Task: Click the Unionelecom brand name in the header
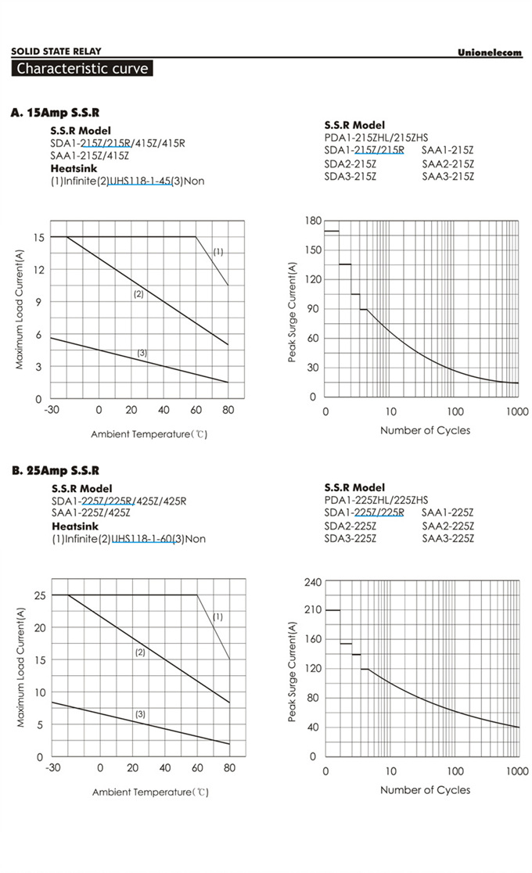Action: (489, 52)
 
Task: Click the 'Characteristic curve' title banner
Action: (82, 68)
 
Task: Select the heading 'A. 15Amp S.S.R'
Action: (55, 113)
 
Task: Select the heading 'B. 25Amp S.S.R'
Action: (55, 470)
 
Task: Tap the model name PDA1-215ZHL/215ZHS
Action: (376, 138)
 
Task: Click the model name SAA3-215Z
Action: (448, 177)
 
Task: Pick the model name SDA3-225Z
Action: (350, 538)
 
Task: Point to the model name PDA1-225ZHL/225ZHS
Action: (376, 500)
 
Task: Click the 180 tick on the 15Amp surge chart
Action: (313, 221)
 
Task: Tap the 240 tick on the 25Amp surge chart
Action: (313, 582)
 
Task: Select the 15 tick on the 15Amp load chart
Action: (38, 236)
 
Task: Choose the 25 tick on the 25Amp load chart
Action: (38, 595)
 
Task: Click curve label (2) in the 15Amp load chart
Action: (138, 294)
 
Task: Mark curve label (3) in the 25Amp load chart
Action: (140, 714)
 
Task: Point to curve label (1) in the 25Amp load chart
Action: (218, 616)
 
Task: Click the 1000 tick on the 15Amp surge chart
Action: (517, 411)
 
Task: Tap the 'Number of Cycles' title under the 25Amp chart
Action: (425, 790)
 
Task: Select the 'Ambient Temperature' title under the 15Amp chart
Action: (149, 433)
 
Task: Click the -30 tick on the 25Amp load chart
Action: (52, 768)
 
